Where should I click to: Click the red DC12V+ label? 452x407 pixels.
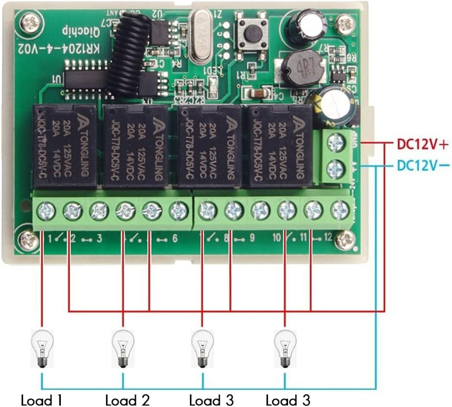click(x=422, y=145)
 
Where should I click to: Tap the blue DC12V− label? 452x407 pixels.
click(x=422, y=165)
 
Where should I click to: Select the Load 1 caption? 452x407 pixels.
click(x=41, y=400)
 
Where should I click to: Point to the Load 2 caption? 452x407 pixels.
click(x=127, y=400)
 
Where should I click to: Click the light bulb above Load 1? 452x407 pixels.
click(x=41, y=348)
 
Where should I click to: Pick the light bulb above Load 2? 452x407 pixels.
click(x=123, y=348)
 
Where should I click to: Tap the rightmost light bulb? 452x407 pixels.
click(x=283, y=348)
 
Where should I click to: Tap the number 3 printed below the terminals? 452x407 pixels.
click(x=99, y=239)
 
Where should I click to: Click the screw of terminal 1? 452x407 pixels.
click(x=46, y=212)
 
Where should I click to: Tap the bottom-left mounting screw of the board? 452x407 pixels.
click(x=27, y=240)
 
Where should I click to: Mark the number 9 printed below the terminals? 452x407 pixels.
click(x=251, y=239)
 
